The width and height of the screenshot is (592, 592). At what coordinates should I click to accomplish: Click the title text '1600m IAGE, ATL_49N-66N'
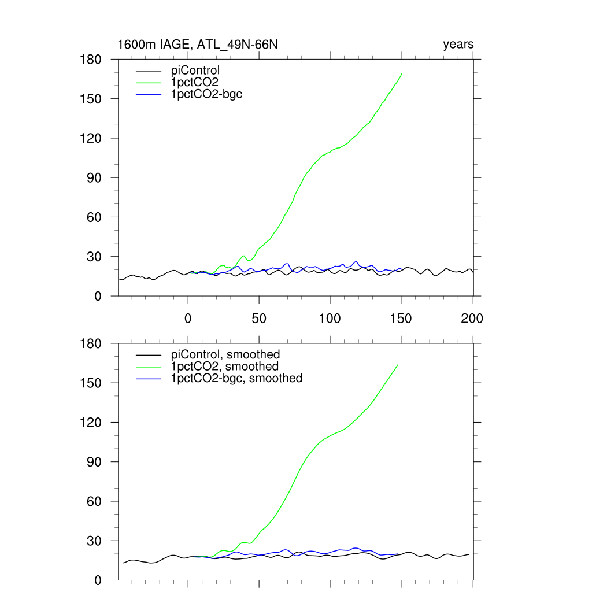tap(198, 45)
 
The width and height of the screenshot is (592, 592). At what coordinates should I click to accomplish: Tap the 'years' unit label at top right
tap(458, 45)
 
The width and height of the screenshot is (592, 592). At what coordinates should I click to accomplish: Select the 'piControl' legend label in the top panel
tap(196, 71)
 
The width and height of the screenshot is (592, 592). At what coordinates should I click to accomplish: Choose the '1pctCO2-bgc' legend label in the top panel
tap(206, 94)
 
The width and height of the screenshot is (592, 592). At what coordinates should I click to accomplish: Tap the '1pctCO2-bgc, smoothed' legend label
tap(236, 378)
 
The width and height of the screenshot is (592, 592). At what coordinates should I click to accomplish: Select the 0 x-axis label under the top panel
tap(188, 318)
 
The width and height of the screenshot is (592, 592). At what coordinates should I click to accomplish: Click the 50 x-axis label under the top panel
tap(259, 318)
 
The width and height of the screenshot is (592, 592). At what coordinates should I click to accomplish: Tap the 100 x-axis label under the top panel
tap(330, 318)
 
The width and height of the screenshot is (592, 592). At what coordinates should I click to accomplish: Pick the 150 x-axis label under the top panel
tap(401, 318)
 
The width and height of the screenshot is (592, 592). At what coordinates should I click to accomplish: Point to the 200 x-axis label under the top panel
tap(472, 318)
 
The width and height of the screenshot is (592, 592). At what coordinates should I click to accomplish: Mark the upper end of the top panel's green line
tap(402, 73)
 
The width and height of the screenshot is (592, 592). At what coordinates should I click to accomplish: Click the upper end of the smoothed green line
tap(398, 365)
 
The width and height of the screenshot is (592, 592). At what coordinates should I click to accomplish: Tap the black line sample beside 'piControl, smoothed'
tap(147, 355)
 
